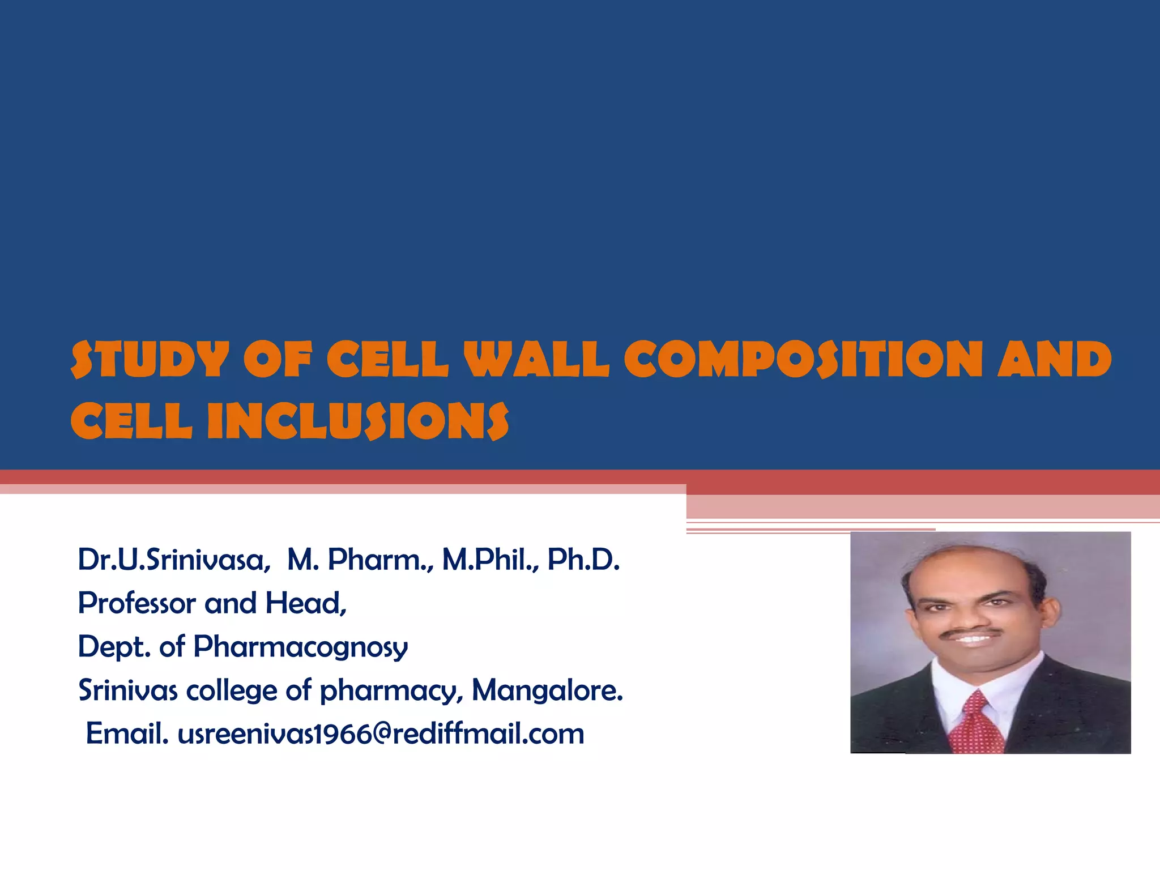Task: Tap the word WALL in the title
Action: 536,360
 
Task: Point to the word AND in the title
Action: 1055,360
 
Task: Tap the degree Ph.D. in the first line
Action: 583,560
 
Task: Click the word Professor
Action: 137,603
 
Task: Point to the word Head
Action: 304,603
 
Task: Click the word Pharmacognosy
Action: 300,647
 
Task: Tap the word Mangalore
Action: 547,690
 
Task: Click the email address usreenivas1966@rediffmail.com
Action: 381,735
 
